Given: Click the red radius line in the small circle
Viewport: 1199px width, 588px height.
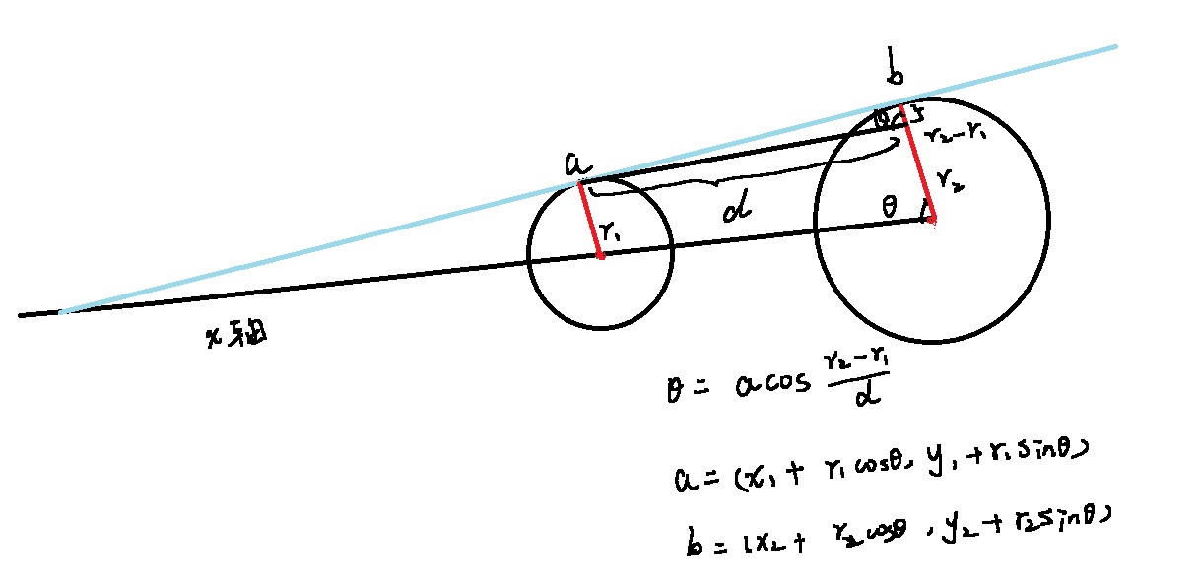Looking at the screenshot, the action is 590,219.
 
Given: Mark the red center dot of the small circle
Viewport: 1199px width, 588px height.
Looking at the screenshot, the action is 600,256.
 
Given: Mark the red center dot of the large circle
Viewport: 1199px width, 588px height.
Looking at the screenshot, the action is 929,220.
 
